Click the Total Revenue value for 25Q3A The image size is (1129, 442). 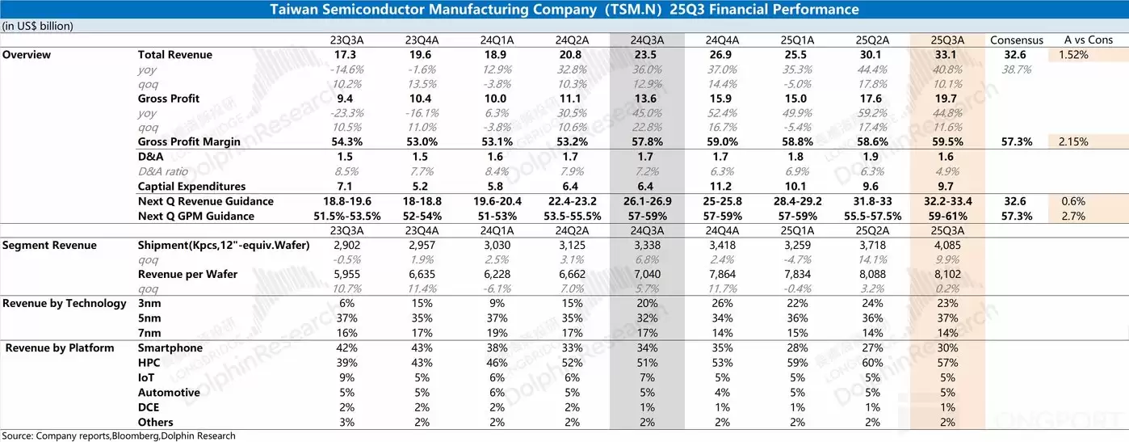click(x=946, y=54)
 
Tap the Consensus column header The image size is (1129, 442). click(x=1016, y=40)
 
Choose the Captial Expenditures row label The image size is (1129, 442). click(x=191, y=186)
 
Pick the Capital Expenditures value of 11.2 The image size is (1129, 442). click(x=720, y=186)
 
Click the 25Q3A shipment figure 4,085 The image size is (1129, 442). click(x=946, y=245)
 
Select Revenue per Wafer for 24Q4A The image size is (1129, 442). click(x=720, y=274)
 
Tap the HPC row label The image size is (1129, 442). click(x=149, y=363)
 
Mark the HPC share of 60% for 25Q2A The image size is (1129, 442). click(x=872, y=363)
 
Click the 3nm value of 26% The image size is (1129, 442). click(x=720, y=304)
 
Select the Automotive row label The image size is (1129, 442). click(x=168, y=393)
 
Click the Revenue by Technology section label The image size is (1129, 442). click(x=65, y=304)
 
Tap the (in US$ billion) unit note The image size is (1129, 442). click(x=38, y=25)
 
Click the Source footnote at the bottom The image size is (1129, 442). click(x=119, y=436)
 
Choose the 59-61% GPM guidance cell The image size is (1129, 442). click(x=946, y=216)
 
